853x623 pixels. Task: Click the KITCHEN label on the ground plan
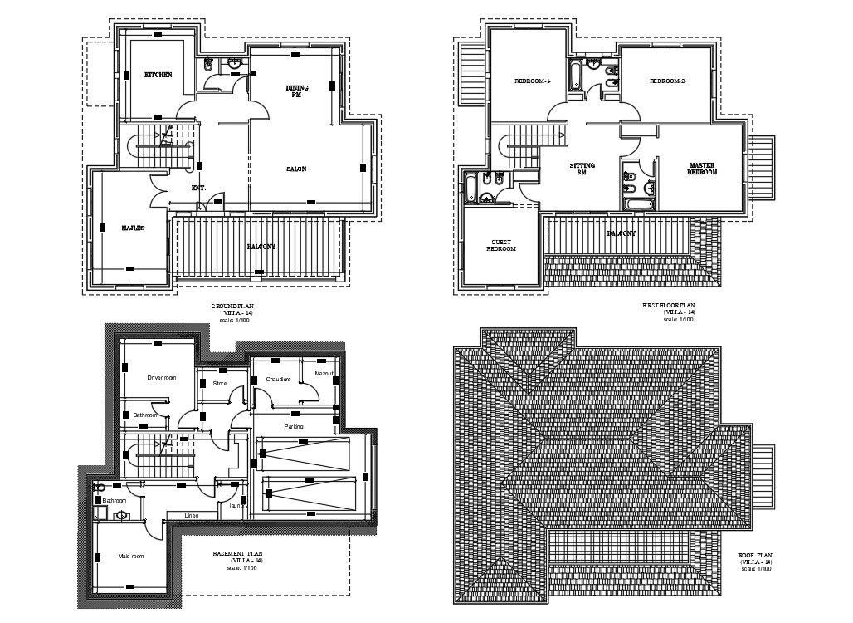(158, 75)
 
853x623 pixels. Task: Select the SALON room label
(296, 169)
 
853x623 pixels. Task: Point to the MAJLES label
(134, 227)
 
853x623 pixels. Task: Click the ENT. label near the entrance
(198, 188)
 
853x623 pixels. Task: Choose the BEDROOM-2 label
(667, 81)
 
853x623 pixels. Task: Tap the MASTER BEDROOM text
(701, 169)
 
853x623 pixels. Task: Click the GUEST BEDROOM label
(500, 245)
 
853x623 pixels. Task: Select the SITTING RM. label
(582, 169)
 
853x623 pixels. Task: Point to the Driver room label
(161, 378)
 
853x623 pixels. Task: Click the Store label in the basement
(220, 384)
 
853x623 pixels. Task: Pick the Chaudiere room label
(278, 380)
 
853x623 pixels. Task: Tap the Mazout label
(324, 374)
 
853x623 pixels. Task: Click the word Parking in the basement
(294, 426)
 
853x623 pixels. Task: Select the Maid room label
(131, 556)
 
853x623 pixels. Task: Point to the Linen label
(192, 516)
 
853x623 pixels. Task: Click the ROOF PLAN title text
(755, 556)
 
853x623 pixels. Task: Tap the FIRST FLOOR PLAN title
(670, 306)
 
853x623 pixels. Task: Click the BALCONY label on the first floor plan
(621, 234)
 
